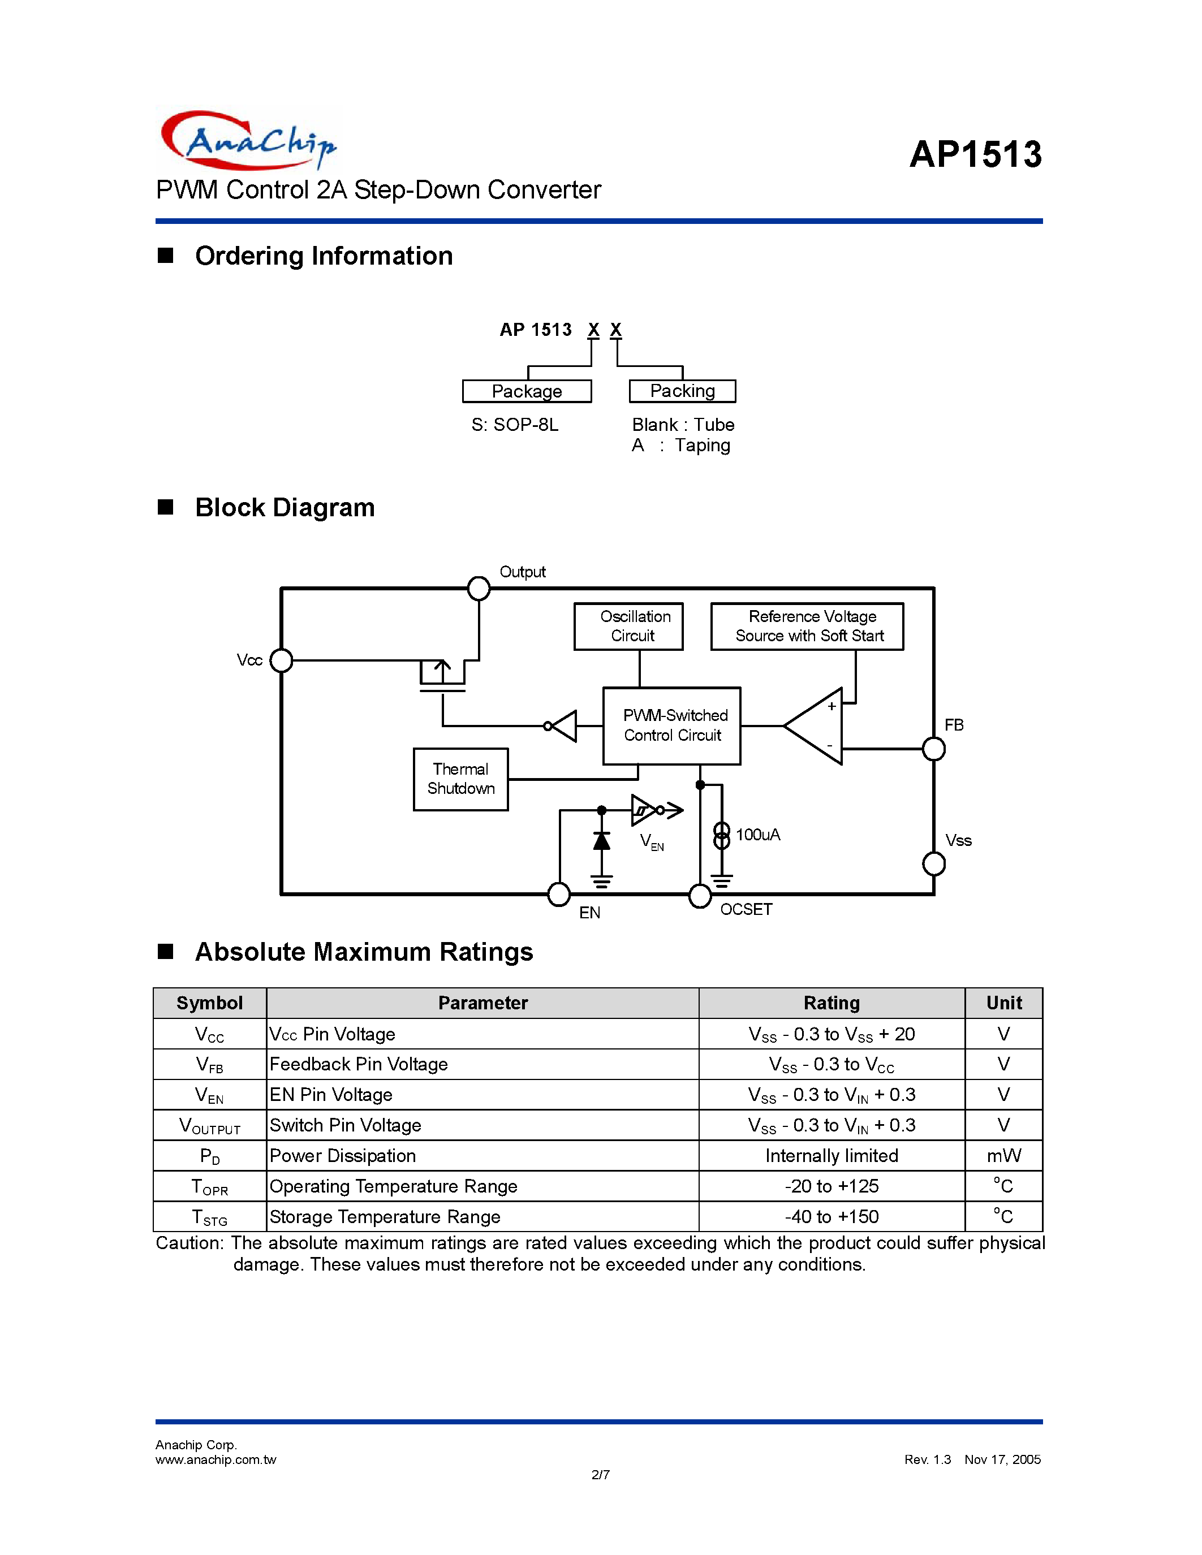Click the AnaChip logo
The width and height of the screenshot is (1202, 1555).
[x=248, y=140]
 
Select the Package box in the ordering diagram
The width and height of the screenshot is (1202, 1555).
[x=527, y=391]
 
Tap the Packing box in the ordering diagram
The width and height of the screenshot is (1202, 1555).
[x=682, y=391]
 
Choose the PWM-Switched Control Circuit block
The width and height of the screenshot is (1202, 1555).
[x=671, y=725]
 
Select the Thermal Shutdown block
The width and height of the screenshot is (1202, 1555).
[x=460, y=779]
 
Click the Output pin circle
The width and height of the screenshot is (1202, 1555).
[x=479, y=588]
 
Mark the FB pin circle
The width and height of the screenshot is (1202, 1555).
[x=933, y=749]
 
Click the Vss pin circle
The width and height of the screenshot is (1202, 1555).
[x=933, y=863]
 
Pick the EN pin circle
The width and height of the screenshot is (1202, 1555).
[x=559, y=895]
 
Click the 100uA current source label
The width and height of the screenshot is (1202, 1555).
[x=757, y=835]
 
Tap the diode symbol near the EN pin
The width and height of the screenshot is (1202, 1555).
[x=602, y=841]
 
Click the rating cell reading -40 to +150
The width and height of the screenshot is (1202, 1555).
[x=831, y=1217]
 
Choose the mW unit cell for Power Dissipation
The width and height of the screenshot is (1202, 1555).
[x=1003, y=1156]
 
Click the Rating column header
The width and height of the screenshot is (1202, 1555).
[x=831, y=1003]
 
